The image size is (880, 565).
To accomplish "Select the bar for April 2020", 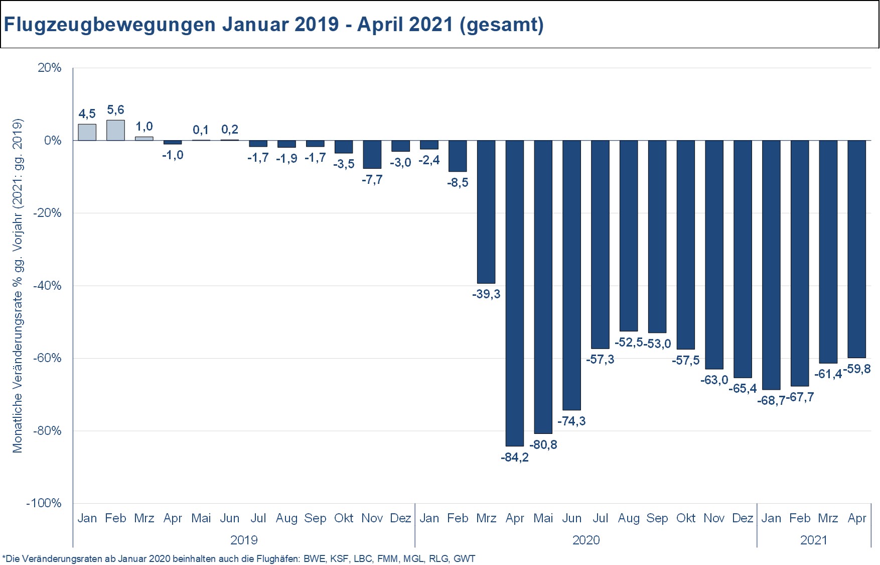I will tap(514, 293).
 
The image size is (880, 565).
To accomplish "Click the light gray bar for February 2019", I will tap(115, 130).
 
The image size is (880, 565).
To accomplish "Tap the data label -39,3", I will tap(486, 294).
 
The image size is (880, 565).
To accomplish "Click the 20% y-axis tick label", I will tap(49, 68).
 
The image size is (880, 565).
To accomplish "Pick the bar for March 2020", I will tap(486, 212).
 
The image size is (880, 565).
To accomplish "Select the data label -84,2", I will tap(514, 458).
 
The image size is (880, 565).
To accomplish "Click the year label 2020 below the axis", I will tap(585, 540).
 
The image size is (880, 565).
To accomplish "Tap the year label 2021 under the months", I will tap(813, 540).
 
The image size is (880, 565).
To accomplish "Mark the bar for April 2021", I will tap(856, 249).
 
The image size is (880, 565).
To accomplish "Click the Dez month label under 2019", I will tap(400, 518).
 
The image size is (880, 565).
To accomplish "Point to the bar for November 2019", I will tap(372, 154).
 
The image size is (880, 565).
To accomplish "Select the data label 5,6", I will tap(115, 110).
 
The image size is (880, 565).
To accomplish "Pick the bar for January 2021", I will tap(771, 265).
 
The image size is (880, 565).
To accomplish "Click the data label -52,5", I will tap(628, 343).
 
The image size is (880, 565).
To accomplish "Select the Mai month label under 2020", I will tap(543, 518).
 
